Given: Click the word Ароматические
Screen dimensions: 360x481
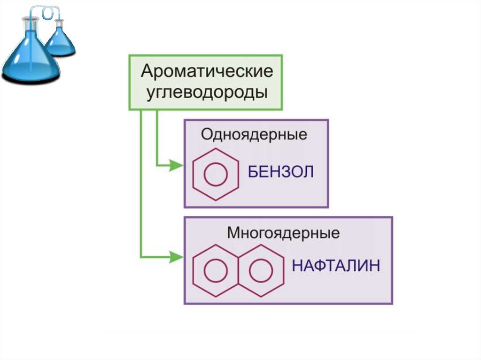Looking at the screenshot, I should [x=207, y=72].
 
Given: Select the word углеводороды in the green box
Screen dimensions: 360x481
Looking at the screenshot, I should [x=207, y=92].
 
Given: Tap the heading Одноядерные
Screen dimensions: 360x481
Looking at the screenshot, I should [x=254, y=135].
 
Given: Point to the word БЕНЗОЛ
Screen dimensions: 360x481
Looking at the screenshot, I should [x=280, y=172].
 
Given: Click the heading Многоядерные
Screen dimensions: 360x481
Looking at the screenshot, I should [x=283, y=232].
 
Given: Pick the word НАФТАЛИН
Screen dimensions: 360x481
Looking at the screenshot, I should [x=335, y=266].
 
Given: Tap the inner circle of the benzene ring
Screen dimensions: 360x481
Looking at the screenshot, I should [x=216, y=174].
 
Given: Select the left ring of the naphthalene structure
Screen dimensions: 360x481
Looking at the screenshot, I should [x=216, y=270].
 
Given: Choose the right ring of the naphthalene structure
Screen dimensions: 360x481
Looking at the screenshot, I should [x=261, y=270].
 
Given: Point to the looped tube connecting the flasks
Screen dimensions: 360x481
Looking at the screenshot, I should [x=47, y=13].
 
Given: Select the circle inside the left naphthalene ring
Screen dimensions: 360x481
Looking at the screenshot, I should [x=216, y=270].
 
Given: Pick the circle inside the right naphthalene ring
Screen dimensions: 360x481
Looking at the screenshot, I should [x=261, y=270].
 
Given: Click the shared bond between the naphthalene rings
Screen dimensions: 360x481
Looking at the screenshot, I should [x=238, y=270].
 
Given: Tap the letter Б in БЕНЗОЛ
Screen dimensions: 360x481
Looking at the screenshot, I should [x=253, y=172].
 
